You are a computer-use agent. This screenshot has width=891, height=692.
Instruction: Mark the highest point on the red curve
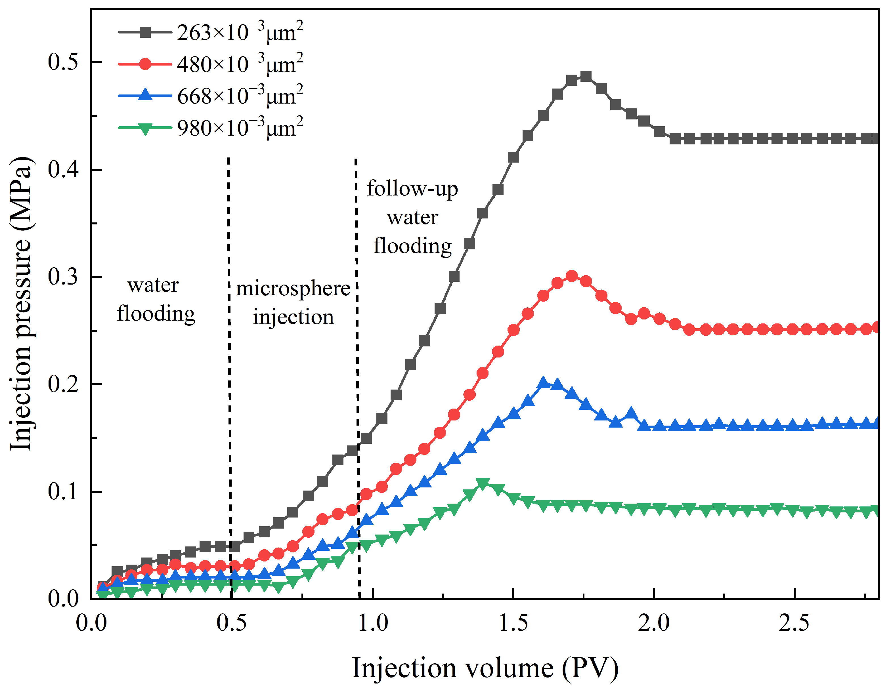tap(572, 276)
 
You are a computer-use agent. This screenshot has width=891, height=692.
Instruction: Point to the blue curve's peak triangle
tap(543, 382)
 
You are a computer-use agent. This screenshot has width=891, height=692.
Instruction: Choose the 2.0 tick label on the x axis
tap(654, 623)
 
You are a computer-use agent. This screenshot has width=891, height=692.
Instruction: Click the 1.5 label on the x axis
tap(513, 623)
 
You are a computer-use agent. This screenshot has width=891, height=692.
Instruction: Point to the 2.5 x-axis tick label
tap(794, 623)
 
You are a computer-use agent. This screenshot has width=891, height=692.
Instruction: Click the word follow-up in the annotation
tap(412, 189)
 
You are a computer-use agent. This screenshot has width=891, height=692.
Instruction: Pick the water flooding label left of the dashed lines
tap(155, 300)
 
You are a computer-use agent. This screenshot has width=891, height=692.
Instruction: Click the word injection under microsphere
tap(293, 317)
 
